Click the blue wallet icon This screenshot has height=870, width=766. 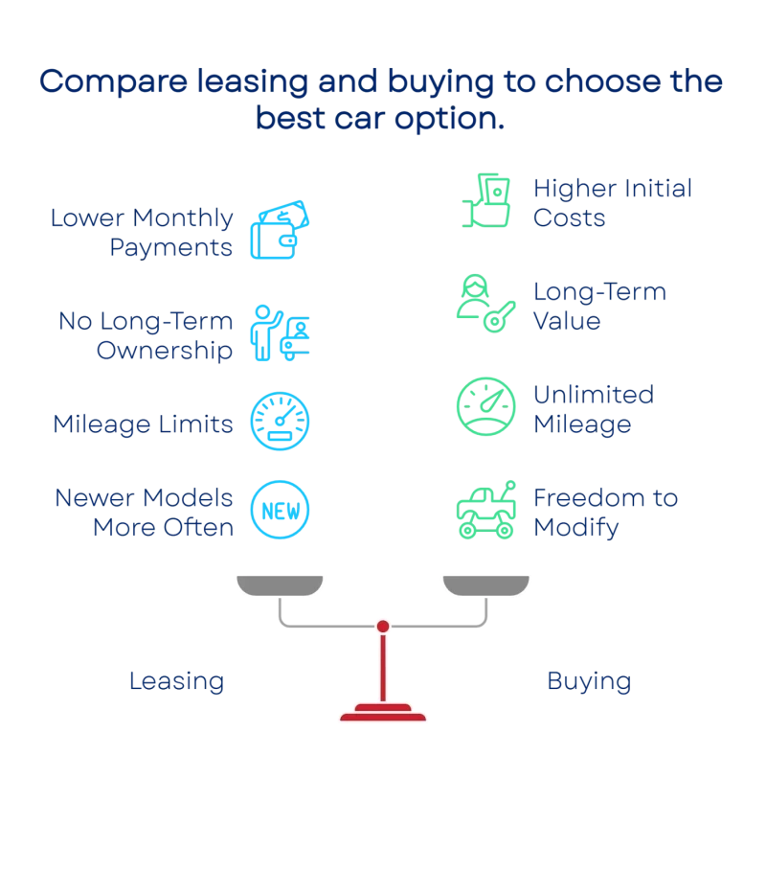pyautogui.click(x=280, y=229)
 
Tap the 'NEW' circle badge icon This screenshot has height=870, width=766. pyautogui.click(x=280, y=510)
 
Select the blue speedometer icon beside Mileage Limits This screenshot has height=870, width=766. pyautogui.click(x=280, y=422)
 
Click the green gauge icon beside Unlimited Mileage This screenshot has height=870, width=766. pyautogui.click(x=485, y=406)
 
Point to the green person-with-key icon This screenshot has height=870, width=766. pyautogui.click(x=485, y=303)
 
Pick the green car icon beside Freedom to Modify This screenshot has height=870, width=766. pyautogui.click(x=485, y=510)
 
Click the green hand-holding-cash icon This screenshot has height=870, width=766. pyautogui.click(x=485, y=200)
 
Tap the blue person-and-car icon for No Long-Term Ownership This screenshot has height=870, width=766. pyautogui.click(x=280, y=332)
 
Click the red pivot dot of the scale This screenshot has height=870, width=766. pyautogui.click(x=383, y=627)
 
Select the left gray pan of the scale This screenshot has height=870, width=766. pyautogui.click(x=280, y=585)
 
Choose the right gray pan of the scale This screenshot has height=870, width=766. pyautogui.click(x=485, y=585)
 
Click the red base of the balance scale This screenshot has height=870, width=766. pyautogui.click(x=383, y=713)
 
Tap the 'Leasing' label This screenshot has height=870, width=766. pyautogui.click(x=176, y=682)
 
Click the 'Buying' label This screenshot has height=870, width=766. pyautogui.click(x=589, y=682)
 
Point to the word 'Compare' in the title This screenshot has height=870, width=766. pyautogui.click(x=114, y=82)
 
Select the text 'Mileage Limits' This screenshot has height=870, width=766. pyautogui.click(x=143, y=424)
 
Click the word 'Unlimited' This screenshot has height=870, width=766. pyautogui.click(x=594, y=395)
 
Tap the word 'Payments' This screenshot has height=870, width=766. pyautogui.click(x=170, y=247)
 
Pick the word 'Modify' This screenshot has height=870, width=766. pyautogui.click(x=575, y=528)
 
